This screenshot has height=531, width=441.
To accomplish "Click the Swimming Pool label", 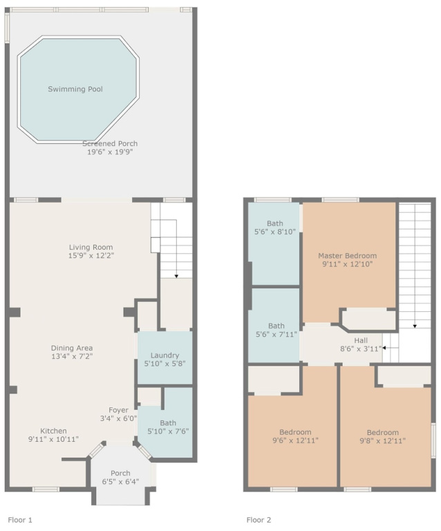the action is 75,89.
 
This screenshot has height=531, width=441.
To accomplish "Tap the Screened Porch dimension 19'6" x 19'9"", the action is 110,151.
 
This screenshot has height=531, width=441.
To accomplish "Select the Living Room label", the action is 91,248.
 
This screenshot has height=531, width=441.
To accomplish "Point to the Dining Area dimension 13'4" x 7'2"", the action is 72,356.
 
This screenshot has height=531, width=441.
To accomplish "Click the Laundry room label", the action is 165,355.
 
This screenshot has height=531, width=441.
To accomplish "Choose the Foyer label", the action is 118,410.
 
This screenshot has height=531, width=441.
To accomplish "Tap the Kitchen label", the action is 53,431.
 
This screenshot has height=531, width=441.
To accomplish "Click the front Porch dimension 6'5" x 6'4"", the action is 120,481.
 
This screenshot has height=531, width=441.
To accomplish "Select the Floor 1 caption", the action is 20,520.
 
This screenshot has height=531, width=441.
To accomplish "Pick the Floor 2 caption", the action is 259,520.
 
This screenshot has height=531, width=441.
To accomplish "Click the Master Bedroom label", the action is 347,256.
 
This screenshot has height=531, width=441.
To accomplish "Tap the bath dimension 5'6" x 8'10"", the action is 275,232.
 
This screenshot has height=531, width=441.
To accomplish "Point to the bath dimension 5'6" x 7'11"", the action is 276,335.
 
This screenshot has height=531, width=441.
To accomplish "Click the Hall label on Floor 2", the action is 361,340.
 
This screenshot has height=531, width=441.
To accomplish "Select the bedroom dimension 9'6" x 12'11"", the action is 295,440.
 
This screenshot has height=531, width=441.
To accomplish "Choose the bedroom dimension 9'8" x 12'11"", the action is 382,440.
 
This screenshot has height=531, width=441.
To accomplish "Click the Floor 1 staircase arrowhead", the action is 176,277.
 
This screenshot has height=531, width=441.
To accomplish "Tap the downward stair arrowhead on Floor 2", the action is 415,326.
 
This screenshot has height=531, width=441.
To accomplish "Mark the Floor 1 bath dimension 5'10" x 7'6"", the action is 168,431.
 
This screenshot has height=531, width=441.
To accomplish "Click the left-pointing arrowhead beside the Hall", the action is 384,348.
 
